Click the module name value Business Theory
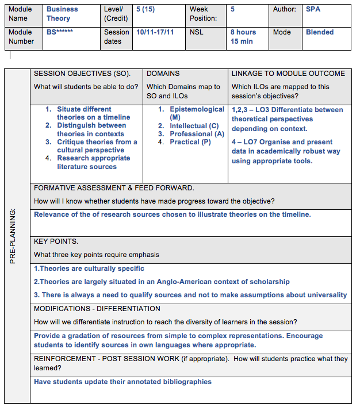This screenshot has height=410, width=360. tap(62, 14)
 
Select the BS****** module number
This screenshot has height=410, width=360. tap(60, 33)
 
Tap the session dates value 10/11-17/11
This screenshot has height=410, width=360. tap(155, 33)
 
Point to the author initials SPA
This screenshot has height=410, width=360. tap(313, 10)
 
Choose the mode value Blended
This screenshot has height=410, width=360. tap(320, 33)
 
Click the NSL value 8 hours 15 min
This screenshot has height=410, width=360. tap(243, 37)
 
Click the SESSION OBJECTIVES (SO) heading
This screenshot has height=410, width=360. tap(82, 74)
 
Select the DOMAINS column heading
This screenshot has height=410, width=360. tap(163, 74)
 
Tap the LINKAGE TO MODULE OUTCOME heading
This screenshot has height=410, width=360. tap(288, 74)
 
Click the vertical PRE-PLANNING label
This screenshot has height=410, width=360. tap(13, 236)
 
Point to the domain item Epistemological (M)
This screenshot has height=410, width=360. tap(197, 113)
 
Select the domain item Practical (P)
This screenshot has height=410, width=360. tap(190, 142)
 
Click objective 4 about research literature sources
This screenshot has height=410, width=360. tap(93, 162)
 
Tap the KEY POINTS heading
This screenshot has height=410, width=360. tap(56, 242)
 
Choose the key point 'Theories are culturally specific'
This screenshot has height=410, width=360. tap(89, 269)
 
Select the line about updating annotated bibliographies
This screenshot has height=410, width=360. tap(122, 382)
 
